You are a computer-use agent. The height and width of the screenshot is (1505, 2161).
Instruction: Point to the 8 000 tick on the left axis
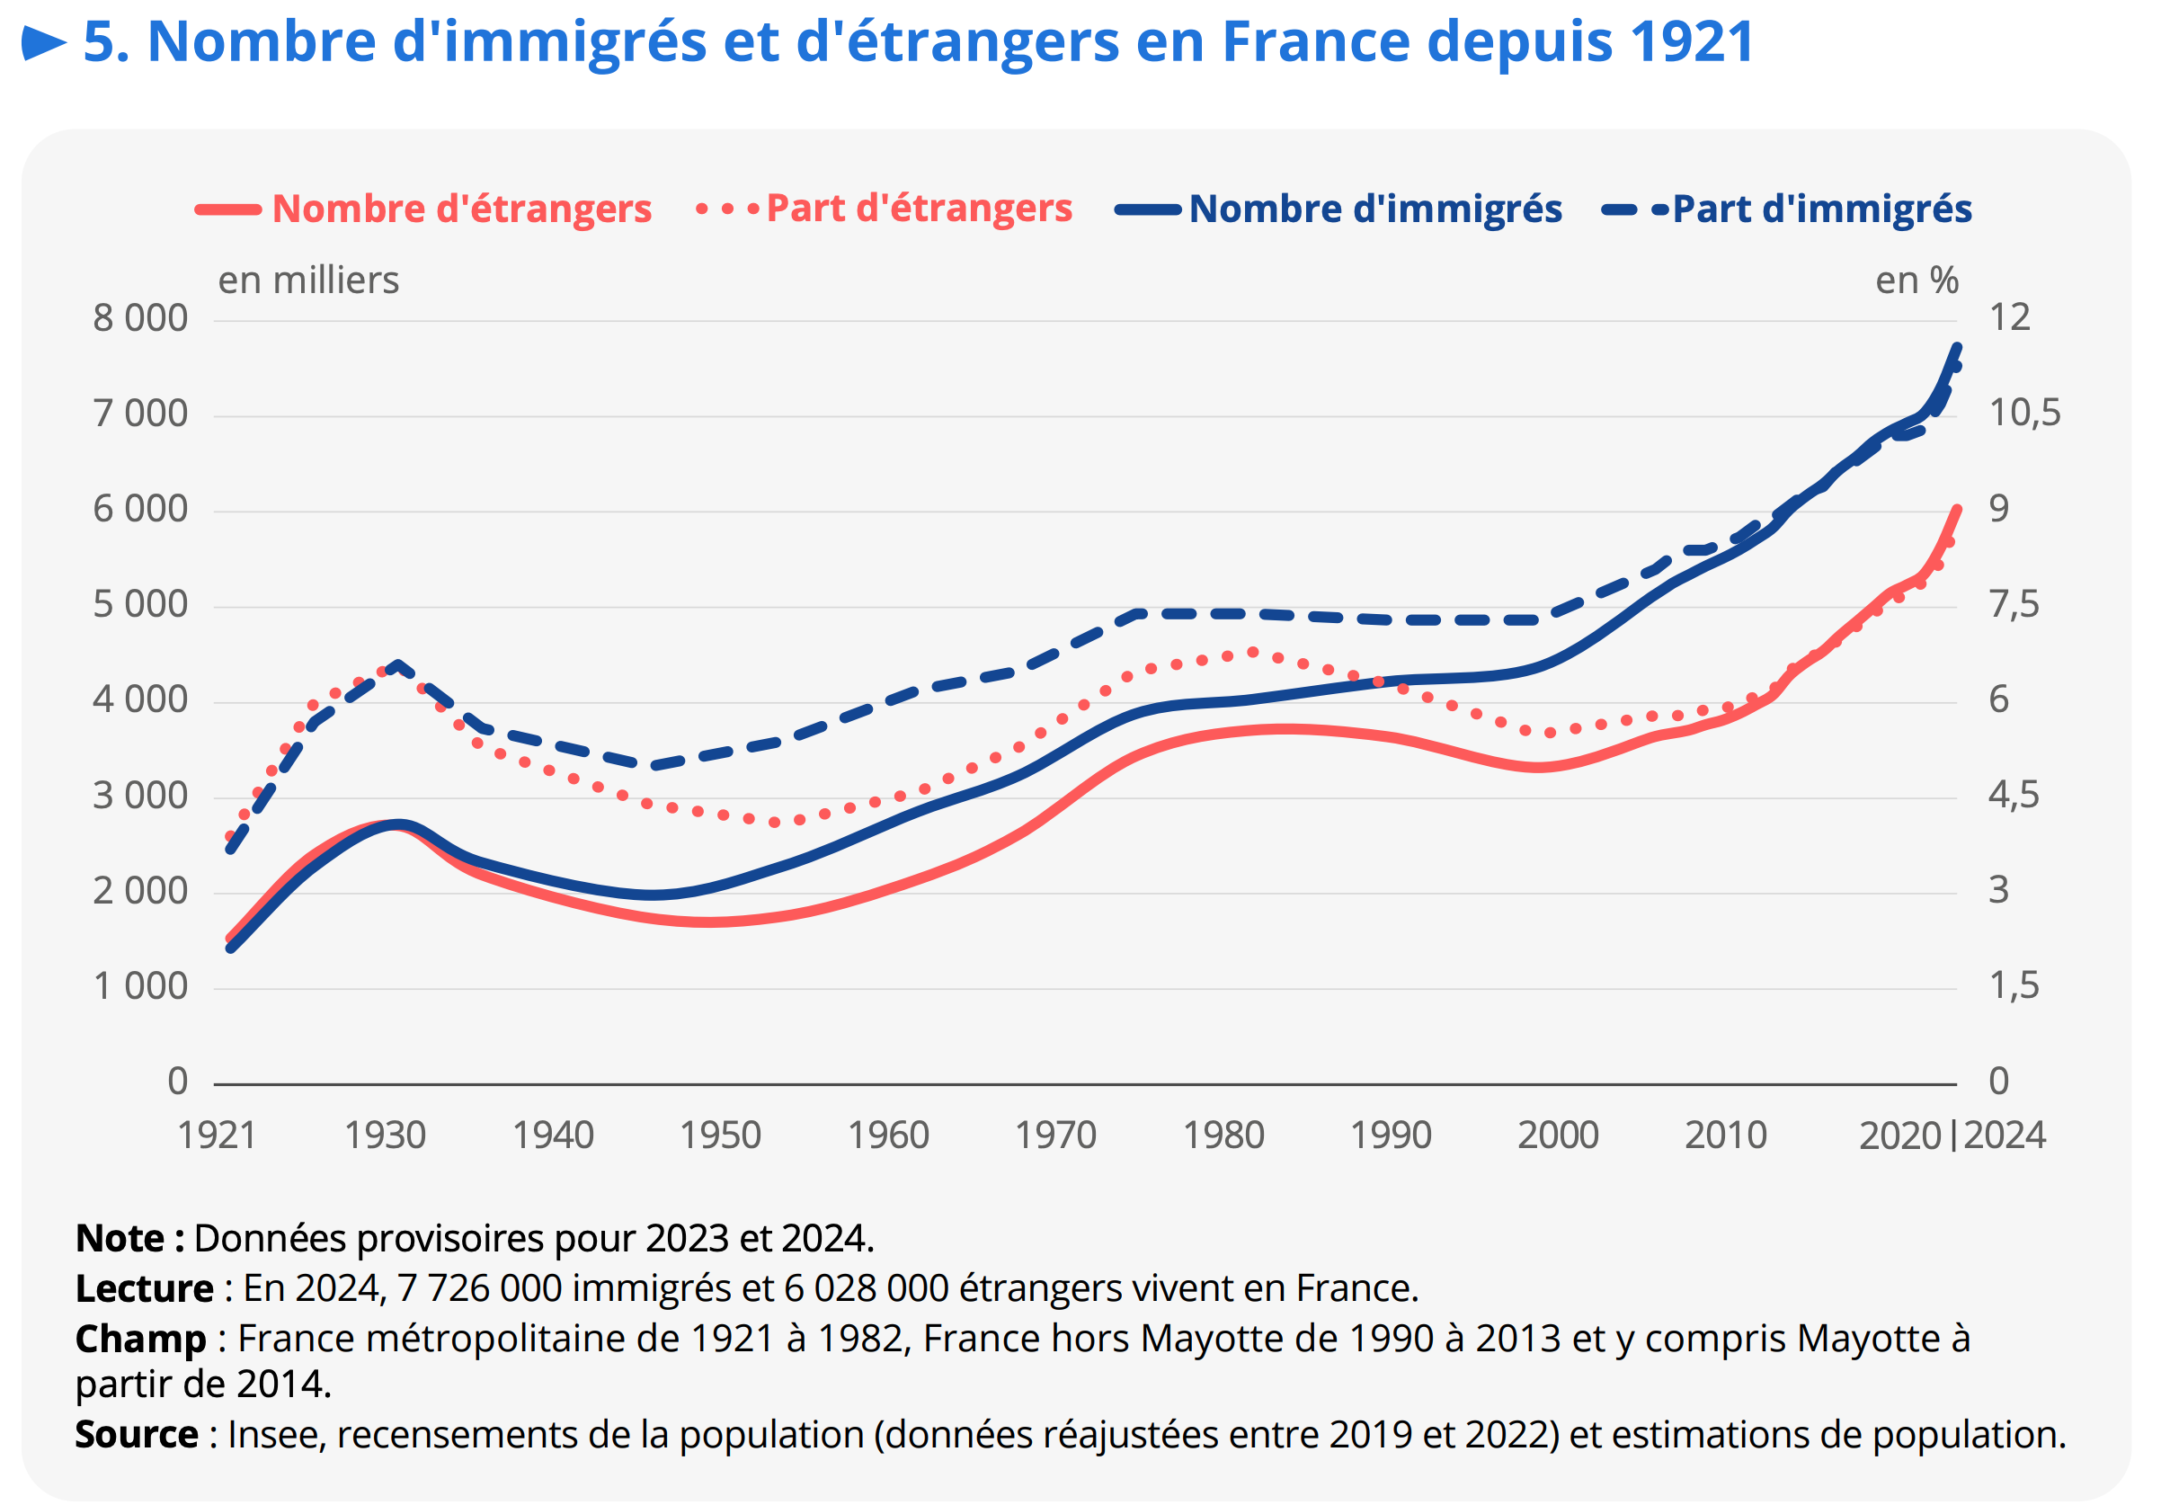click(139, 318)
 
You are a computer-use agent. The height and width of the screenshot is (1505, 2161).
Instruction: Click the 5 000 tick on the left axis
click(139, 604)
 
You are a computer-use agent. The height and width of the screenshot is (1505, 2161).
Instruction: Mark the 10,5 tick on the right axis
click(2023, 414)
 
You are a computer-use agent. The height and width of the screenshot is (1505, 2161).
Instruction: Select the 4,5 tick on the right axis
click(2014, 796)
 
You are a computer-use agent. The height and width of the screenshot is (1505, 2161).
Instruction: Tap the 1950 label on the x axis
click(720, 1135)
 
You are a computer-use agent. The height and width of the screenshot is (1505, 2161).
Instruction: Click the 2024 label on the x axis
click(2005, 1135)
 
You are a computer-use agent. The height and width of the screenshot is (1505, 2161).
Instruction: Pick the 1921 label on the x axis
click(217, 1135)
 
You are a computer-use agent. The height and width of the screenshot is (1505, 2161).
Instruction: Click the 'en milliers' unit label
click(308, 281)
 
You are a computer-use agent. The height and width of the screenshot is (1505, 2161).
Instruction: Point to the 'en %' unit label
click(1916, 281)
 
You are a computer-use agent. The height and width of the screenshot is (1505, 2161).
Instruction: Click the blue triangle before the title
click(43, 43)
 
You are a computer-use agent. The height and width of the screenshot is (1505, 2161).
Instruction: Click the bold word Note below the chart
click(120, 1239)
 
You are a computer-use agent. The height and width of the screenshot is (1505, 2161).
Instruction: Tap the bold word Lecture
click(144, 1288)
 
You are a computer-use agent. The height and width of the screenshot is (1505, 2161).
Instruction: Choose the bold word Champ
click(140, 1339)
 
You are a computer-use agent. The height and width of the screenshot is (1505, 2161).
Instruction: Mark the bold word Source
click(137, 1434)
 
